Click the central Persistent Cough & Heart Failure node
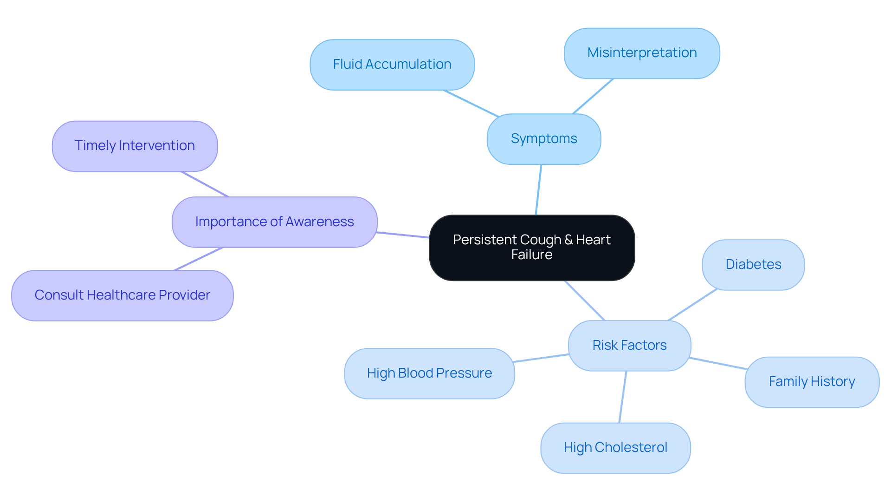click(x=532, y=248)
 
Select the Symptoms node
click(x=544, y=139)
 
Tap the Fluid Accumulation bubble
click(x=392, y=65)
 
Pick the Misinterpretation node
click(x=642, y=53)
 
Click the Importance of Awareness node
click(x=274, y=222)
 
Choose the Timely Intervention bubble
click(x=135, y=146)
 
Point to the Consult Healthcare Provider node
click(x=122, y=295)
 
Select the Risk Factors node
click(x=629, y=346)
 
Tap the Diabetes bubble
click(x=753, y=265)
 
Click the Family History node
click(x=812, y=382)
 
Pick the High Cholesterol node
click(x=615, y=448)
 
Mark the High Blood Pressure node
click(x=429, y=373)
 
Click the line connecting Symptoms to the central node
click(x=538, y=190)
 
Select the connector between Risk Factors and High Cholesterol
click(x=623, y=397)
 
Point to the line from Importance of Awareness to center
click(x=403, y=235)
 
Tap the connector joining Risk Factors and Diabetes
click(x=692, y=305)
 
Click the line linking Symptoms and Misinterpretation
click(x=593, y=96)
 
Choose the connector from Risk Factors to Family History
click(x=718, y=364)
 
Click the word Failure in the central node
click(x=532, y=255)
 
